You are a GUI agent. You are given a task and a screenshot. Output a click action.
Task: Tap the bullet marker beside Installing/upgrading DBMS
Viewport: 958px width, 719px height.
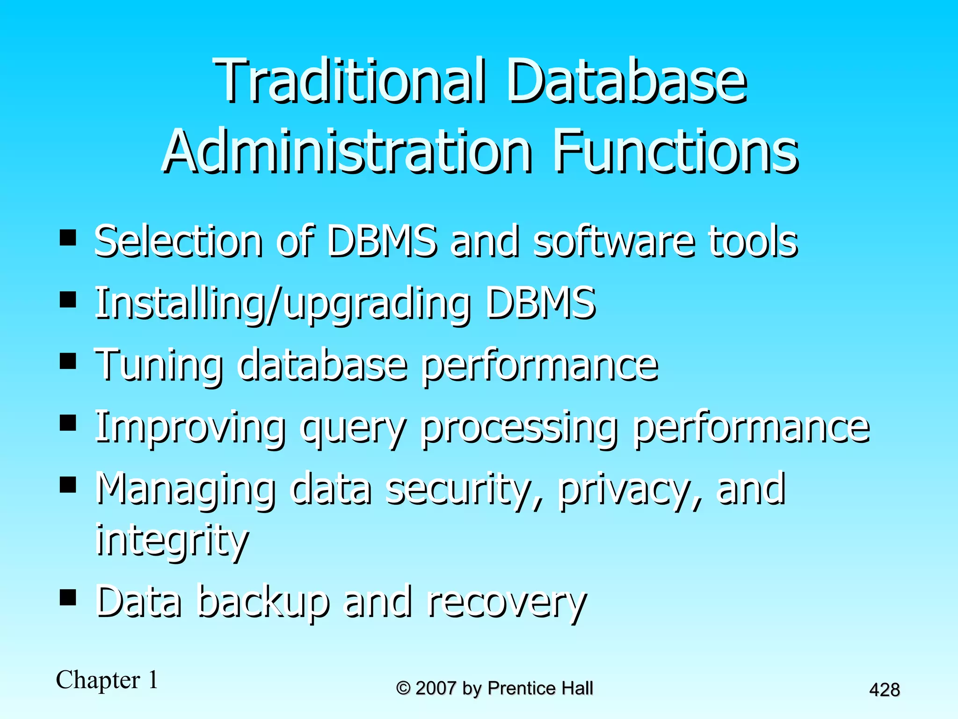click(68, 300)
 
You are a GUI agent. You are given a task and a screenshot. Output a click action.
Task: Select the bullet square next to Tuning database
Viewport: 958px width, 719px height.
click(68, 361)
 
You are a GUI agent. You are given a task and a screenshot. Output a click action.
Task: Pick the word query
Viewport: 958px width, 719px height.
click(353, 429)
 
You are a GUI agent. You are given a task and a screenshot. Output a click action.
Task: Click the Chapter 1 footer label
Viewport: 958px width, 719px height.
click(107, 680)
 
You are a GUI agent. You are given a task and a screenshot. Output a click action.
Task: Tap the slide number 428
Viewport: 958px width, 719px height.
click(884, 690)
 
